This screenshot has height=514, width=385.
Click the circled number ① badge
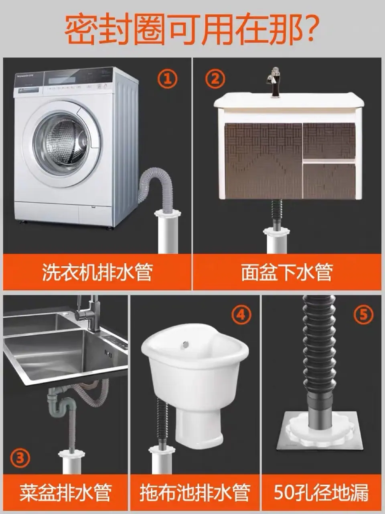[167, 78]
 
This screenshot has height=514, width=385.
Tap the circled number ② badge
[215, 78]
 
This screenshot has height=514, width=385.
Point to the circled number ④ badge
[241, 314]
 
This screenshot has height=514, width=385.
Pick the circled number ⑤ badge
[363, 314]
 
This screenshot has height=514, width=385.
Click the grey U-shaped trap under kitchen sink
[61, 403]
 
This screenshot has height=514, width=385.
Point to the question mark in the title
[309, 28]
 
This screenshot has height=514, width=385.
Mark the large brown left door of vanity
[263, 161]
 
